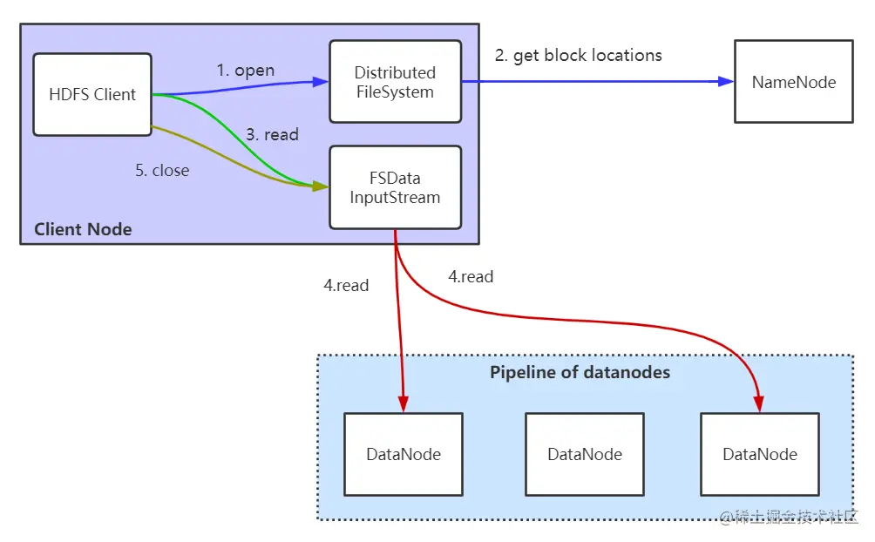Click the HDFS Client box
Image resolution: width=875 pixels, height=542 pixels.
coord(92,94)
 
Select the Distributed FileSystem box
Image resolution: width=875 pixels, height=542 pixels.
coord(395,82)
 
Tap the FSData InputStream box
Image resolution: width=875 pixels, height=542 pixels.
coord(395,187)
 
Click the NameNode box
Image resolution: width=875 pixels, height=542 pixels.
coord(793,81)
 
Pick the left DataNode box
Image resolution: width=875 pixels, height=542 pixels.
coord(403,454)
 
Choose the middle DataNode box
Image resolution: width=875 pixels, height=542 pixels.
coord(584,454)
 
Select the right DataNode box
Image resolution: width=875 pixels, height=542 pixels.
coord(759,454)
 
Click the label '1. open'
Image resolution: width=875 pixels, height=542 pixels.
coord(245,71)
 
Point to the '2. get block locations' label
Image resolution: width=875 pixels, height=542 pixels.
coord(578,56)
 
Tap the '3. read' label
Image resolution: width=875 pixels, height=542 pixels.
coord(272,134)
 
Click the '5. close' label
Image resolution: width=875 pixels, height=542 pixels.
coord(162,171)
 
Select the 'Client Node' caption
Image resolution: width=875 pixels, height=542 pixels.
coord(83,230)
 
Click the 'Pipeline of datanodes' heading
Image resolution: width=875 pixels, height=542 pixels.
coord(580,373)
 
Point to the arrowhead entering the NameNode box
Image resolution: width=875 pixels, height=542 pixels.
coord(726,82)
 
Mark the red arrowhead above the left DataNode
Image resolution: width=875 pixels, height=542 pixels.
coord(403,404)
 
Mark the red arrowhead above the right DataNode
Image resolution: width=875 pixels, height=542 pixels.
coord(758,404)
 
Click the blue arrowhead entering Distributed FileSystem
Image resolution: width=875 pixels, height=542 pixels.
coord(321,83)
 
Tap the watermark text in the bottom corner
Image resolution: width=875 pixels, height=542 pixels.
coord(790,518)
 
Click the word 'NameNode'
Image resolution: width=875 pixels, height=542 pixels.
coord(793,83)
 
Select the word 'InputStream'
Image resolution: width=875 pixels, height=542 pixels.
coord(395,197)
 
